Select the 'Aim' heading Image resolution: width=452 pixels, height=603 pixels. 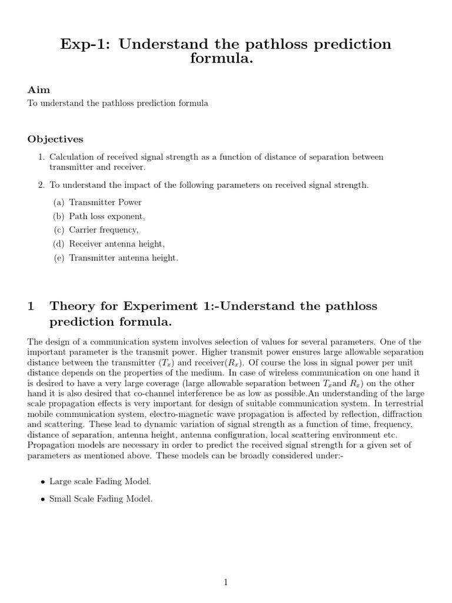pyautogui.click(x=39, y=90)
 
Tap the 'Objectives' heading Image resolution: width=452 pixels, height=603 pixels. pyautogui.click(x=55, y=140)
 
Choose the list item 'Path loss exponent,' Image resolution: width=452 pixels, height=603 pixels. pyautogui.click(x=107, y=216)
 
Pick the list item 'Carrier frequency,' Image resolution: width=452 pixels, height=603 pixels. pyautogui.click(x=104, y=230)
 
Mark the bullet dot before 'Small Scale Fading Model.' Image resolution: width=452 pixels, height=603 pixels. pyautogui.click(x=42, y=499)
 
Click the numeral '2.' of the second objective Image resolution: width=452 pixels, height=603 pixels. pyautogui.click(x=42, y=185)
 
